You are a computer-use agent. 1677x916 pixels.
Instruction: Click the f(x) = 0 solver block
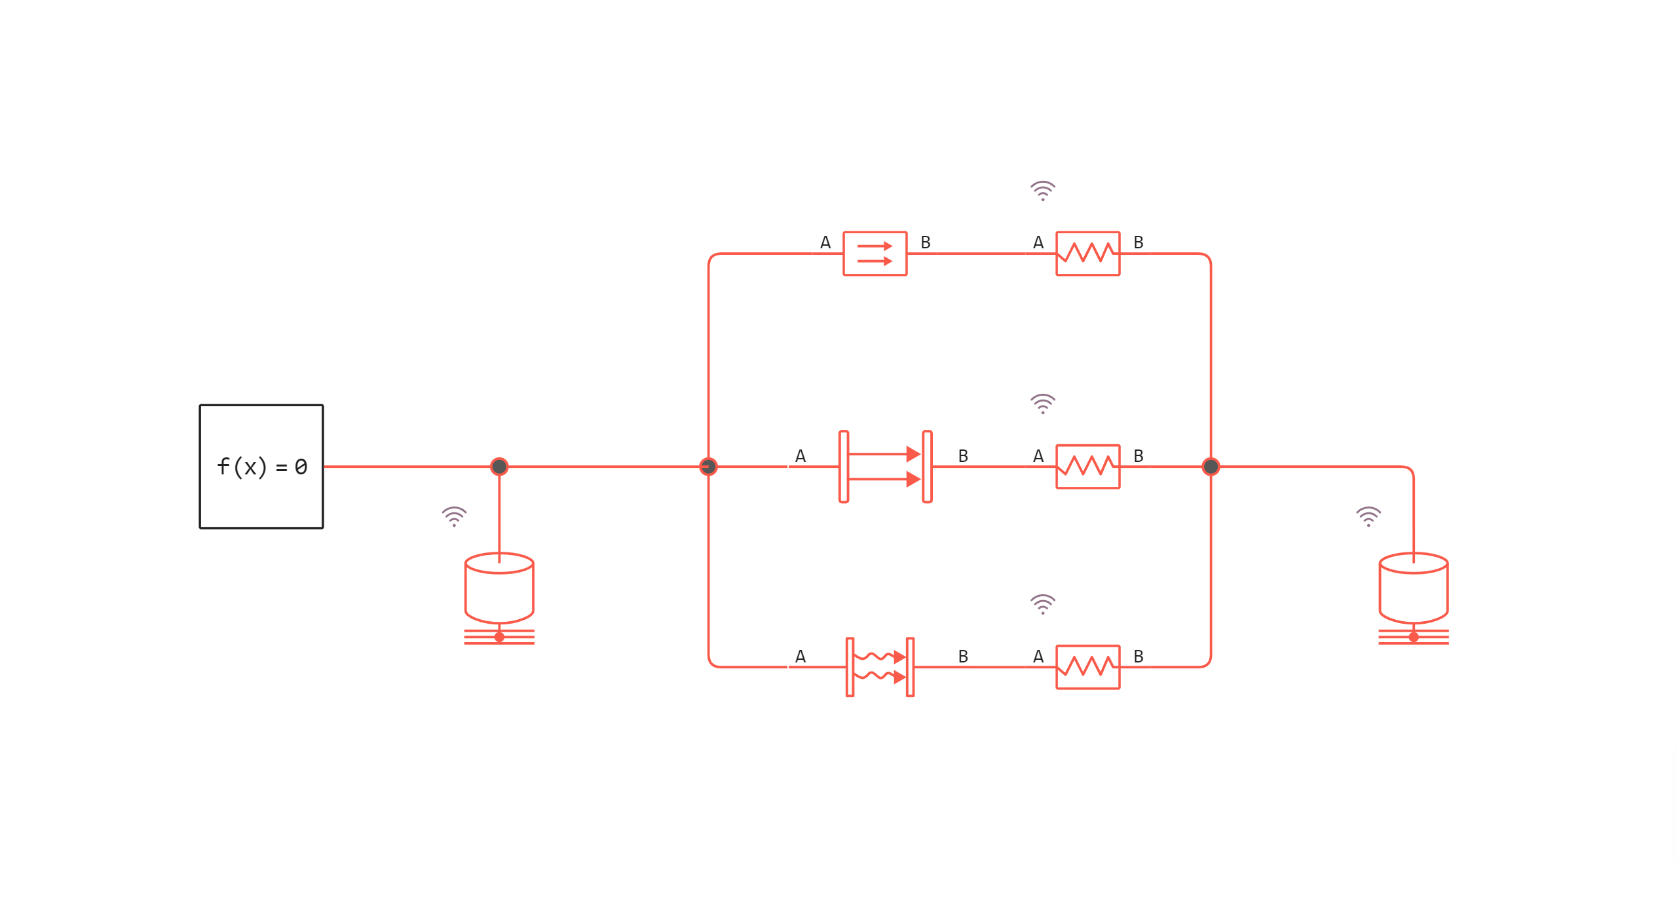(261, 467)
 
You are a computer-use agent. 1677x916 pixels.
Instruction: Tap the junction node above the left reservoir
(499, 467)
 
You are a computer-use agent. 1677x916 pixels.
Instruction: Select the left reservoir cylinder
(499, 588)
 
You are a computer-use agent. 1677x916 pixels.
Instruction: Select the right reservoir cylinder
(1413, 588)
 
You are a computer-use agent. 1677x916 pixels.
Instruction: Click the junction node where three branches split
(708, 467)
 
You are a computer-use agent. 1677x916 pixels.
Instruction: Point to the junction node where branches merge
(1211, 467)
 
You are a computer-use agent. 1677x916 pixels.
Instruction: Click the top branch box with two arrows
(875, 254)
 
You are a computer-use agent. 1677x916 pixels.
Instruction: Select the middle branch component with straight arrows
(885, 467)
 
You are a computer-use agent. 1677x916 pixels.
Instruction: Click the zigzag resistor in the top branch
(1087, 254)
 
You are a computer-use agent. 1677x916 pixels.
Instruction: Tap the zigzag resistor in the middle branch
(1087, 467)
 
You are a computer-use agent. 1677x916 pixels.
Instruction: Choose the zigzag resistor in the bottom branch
(1087, 667)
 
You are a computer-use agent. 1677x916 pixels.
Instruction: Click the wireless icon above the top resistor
(1042, 191)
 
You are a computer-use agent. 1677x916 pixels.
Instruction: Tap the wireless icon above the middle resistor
(1042, 404)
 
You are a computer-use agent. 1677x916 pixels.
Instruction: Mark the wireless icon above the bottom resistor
(1042, 604)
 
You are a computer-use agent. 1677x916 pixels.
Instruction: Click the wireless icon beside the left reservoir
(454, 516)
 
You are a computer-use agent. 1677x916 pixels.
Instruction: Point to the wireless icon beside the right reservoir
(1368, 516)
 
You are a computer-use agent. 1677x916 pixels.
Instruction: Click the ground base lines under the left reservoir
(499, 637)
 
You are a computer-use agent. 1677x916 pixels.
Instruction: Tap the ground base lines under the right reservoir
(1413, 637)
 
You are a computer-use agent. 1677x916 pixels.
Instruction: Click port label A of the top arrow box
(825, 242)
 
